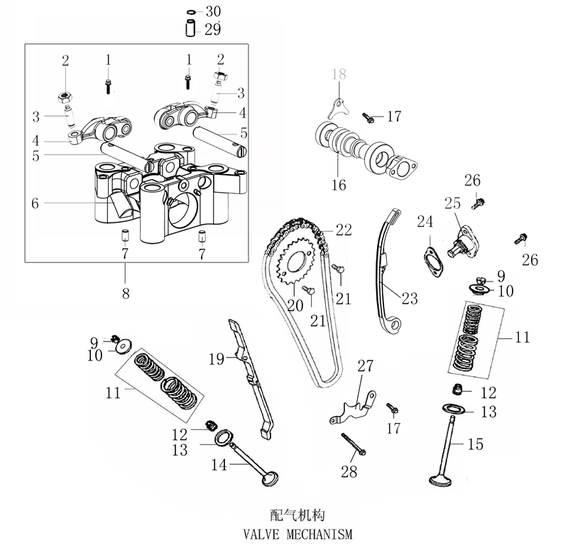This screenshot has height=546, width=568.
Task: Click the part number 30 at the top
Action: coord(213,12)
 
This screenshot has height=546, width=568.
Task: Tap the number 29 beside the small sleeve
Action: coord(213,30)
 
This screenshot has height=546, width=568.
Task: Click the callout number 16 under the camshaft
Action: coord(339,185)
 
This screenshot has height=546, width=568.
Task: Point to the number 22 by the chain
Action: coord(344,230)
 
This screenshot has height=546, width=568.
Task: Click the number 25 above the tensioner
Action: coord(453,203)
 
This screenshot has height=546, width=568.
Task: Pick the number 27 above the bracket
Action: coord(365,367)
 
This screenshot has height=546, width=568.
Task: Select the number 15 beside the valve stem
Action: coord(476,444)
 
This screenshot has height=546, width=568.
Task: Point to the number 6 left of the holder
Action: coord(35,203)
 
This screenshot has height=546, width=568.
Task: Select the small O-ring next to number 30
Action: coord(191,12)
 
